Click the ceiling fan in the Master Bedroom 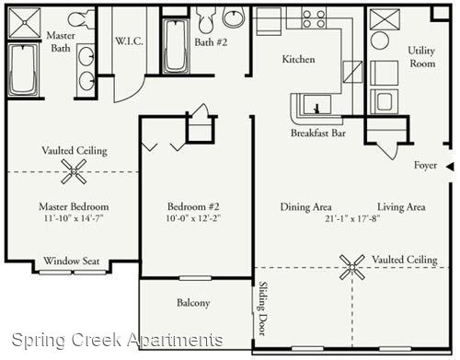coord(74,171)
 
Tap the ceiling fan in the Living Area coord(352,267)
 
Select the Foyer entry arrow coord(450,167)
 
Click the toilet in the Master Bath coord(81,19)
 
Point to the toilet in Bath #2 coord(206,19)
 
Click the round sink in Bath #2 coord(235,17)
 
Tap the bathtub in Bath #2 coord(176,46)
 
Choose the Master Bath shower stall coord(25,23)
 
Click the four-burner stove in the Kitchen coord(314,18)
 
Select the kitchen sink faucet coord(317,109)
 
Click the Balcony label coord(193,303)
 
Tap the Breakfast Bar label coord(318,134)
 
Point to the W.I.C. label coord(129,41)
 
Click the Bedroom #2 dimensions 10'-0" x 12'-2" coord(193,218)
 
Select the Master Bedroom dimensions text coord(74,218)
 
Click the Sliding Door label coord(262,308)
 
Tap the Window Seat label coord(72,261)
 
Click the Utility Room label coord(422,57)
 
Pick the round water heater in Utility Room coord(380,41)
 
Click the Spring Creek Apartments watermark coord(117,340)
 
